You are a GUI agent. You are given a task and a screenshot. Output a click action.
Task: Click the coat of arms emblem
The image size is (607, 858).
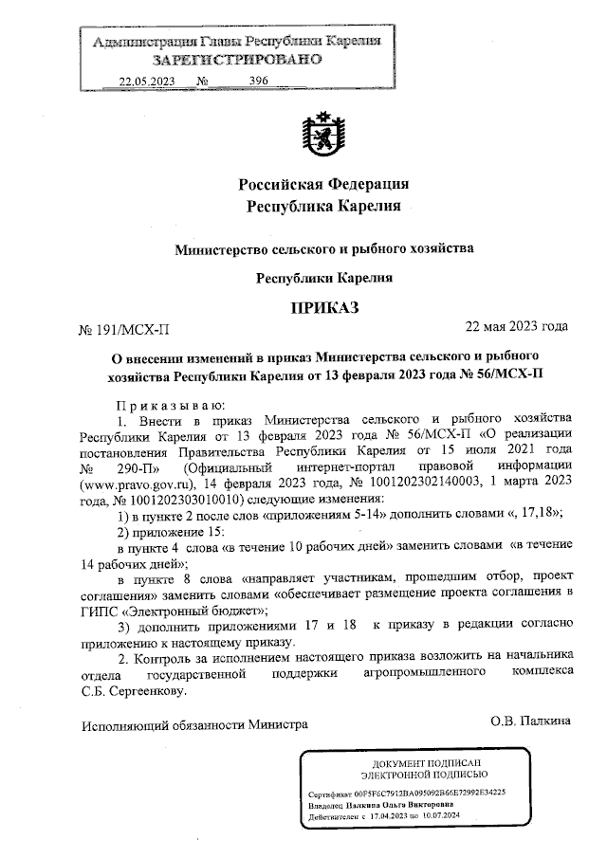(x=317, y=134)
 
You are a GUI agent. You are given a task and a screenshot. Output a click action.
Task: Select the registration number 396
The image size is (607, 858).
(x=258, y=81)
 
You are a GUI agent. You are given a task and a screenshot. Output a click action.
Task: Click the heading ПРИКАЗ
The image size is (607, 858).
(x=325, y=308)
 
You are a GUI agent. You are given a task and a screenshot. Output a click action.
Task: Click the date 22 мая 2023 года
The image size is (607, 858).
(x=516, y=327)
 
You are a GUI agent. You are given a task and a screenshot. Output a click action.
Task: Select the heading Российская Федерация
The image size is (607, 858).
(x=323, y=183)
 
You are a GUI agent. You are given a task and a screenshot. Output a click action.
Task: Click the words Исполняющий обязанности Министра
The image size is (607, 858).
(x=193, y=722)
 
